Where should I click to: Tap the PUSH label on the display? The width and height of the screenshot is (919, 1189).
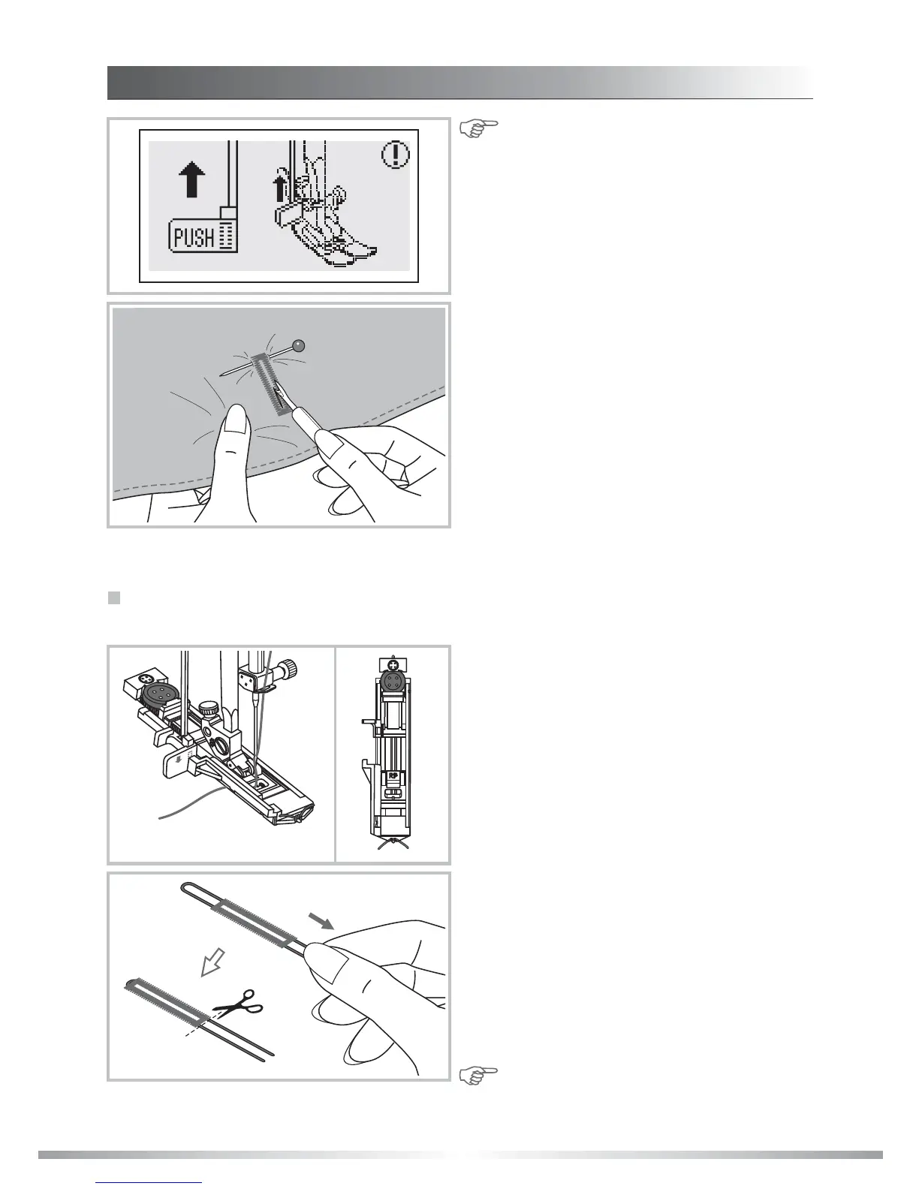click(194, 238)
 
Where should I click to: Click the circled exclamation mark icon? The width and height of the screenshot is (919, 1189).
click(395, 155)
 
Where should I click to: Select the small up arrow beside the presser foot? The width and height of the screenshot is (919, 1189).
click(281, 187)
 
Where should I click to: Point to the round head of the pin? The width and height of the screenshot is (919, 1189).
click(299, 346)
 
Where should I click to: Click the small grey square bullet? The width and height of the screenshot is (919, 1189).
click(114, 598)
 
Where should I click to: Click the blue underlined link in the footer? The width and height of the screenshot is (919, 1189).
click(149, 1184)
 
